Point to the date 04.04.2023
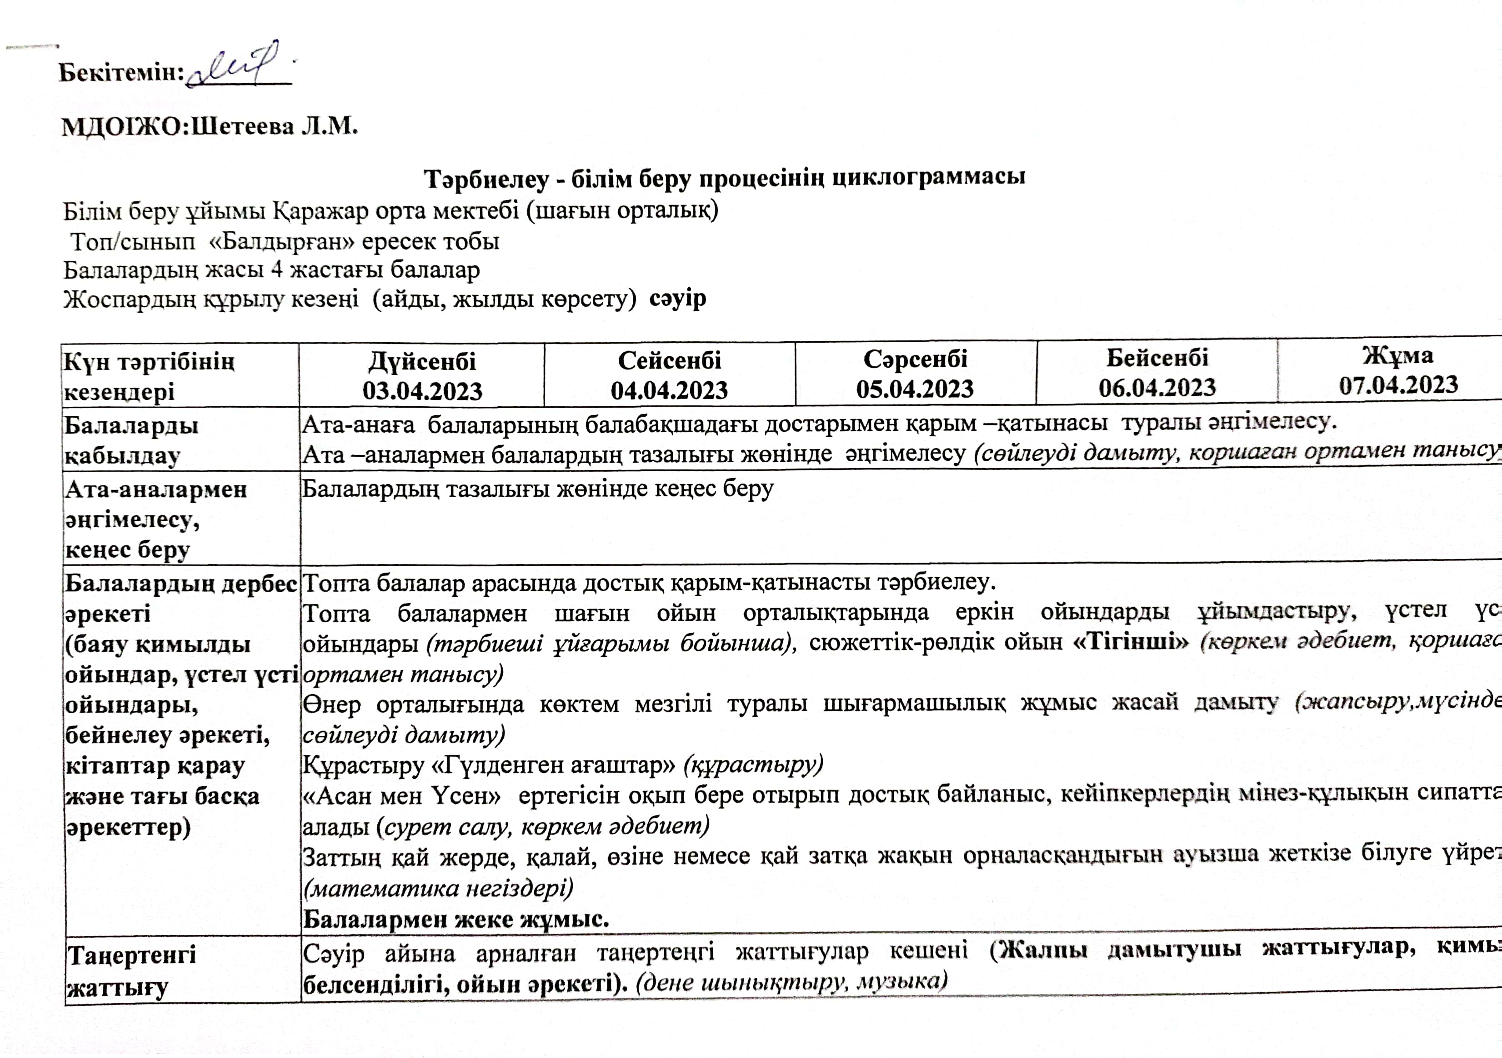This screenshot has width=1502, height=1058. pos(669,390)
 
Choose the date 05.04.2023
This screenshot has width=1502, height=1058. pos(915,389)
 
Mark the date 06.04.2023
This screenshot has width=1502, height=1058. pos(1157,388)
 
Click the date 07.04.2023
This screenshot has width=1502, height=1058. pos(1398,384)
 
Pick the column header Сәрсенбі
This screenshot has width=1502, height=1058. pos(915,359)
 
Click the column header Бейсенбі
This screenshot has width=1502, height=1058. pos(1157,358)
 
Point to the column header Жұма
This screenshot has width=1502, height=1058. pos(1398,355)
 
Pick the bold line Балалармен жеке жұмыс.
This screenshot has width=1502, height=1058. pos(456,920)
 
